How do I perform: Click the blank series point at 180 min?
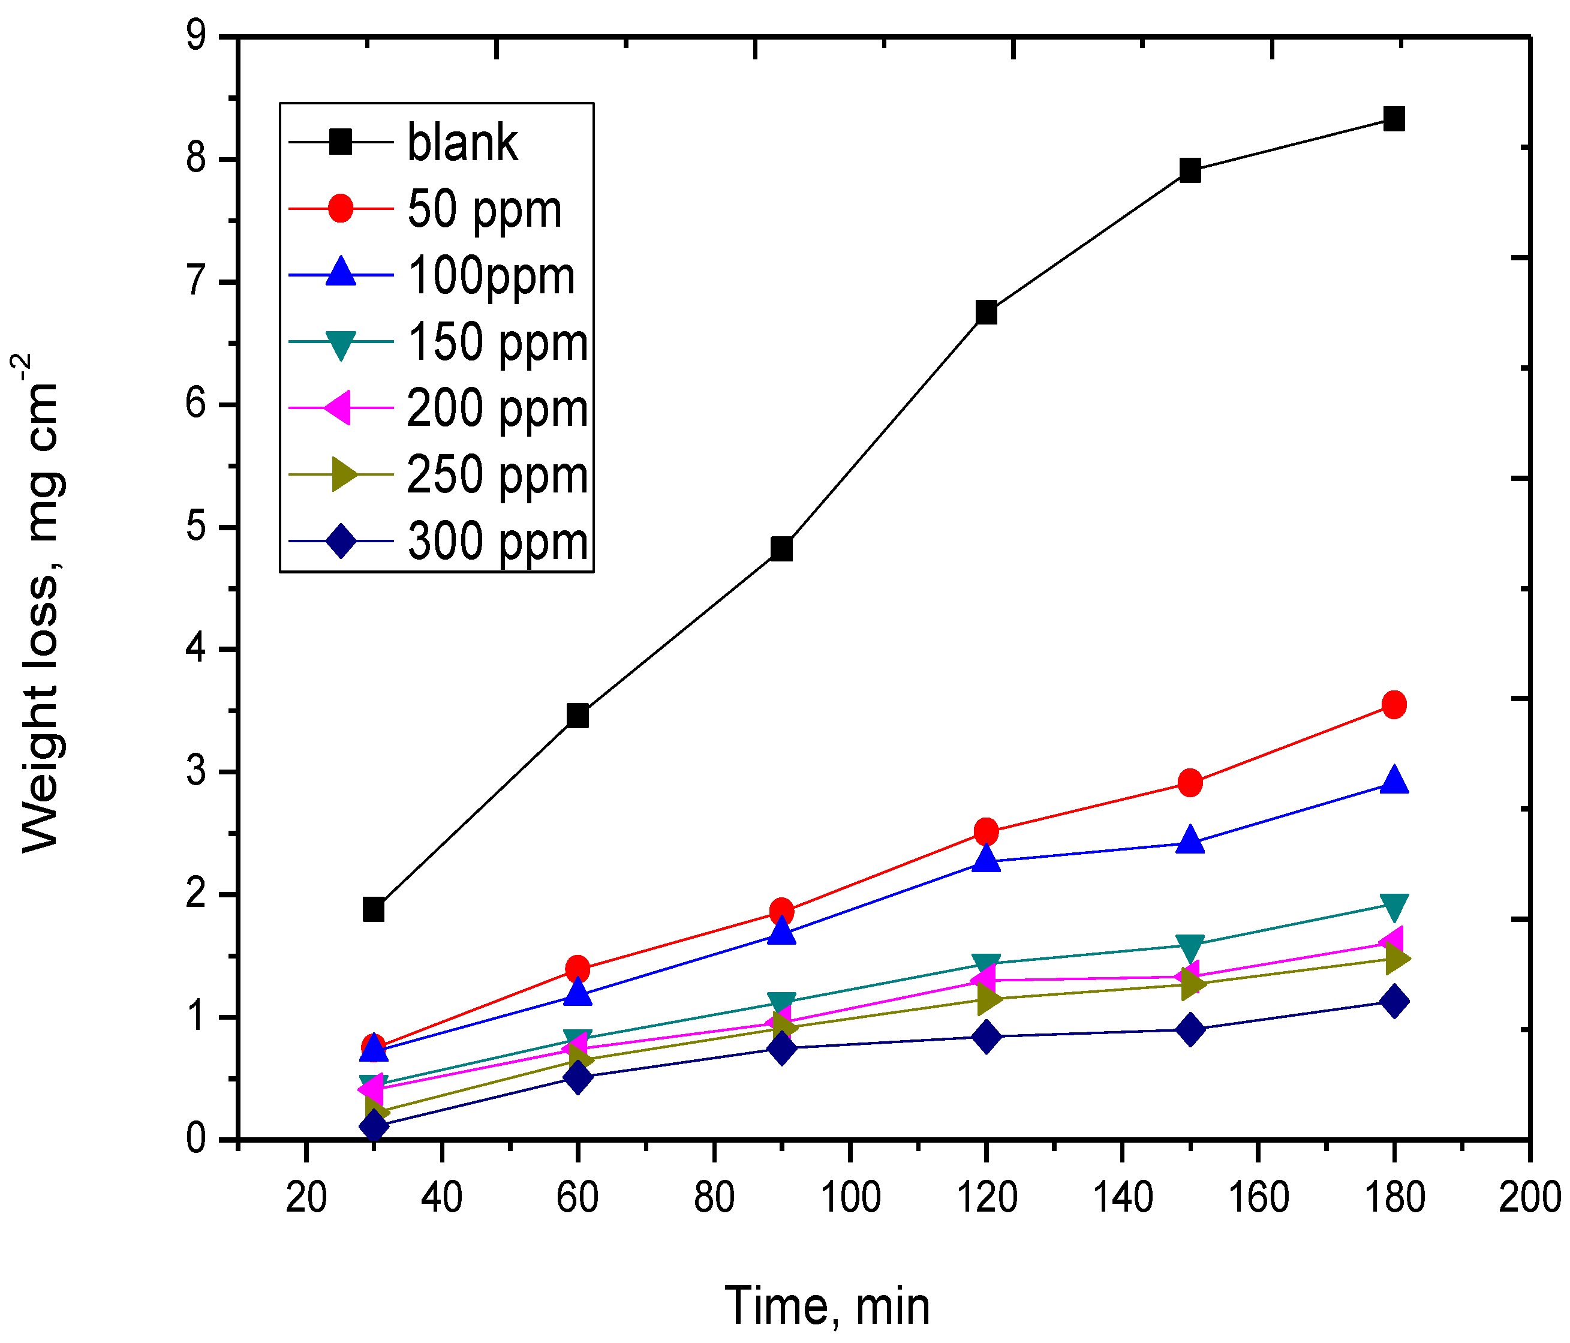click(x=1394, y=119)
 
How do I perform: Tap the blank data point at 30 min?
click(x=374, y=909)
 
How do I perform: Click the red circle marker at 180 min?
click(x=1394, y=705)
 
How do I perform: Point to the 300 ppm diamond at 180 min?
click(x=1394, y=1001)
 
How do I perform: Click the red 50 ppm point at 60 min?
click(x=578, y=968)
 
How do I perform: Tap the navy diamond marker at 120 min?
click(x=986, y=1036)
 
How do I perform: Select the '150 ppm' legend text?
click(x=497, y=342)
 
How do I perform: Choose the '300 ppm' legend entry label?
click(x=497, y=541)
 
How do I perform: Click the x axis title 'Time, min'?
click(x=826, y=1306)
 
